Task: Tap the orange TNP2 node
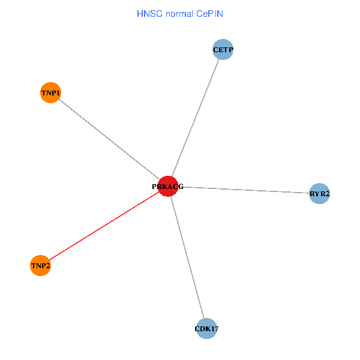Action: pyautogui.click(x=40, y=265)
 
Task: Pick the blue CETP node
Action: pyautogui.click(x=223, y=50)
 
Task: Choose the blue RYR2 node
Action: pyautogui.click(x=319, y=193)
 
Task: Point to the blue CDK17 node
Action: pyautogui.click(x=206, y=328)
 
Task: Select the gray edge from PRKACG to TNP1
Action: pyautogui.click(x=109, y=139)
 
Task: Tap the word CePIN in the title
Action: pyautogui.click(x=209, y=13)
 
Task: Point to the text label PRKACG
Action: pyautogui.click(x=167, y=187)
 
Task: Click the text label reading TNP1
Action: pyautogui.click(x=50, y=93)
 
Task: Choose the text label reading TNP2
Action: pyautogui.click(x=40, y=266)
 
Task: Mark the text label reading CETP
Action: pyautogui.click(x=223, y=50)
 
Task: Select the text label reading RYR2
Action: pyautogui.click(x=320, y=194)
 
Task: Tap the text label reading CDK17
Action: pyautogui.click(x=206, y=329)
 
